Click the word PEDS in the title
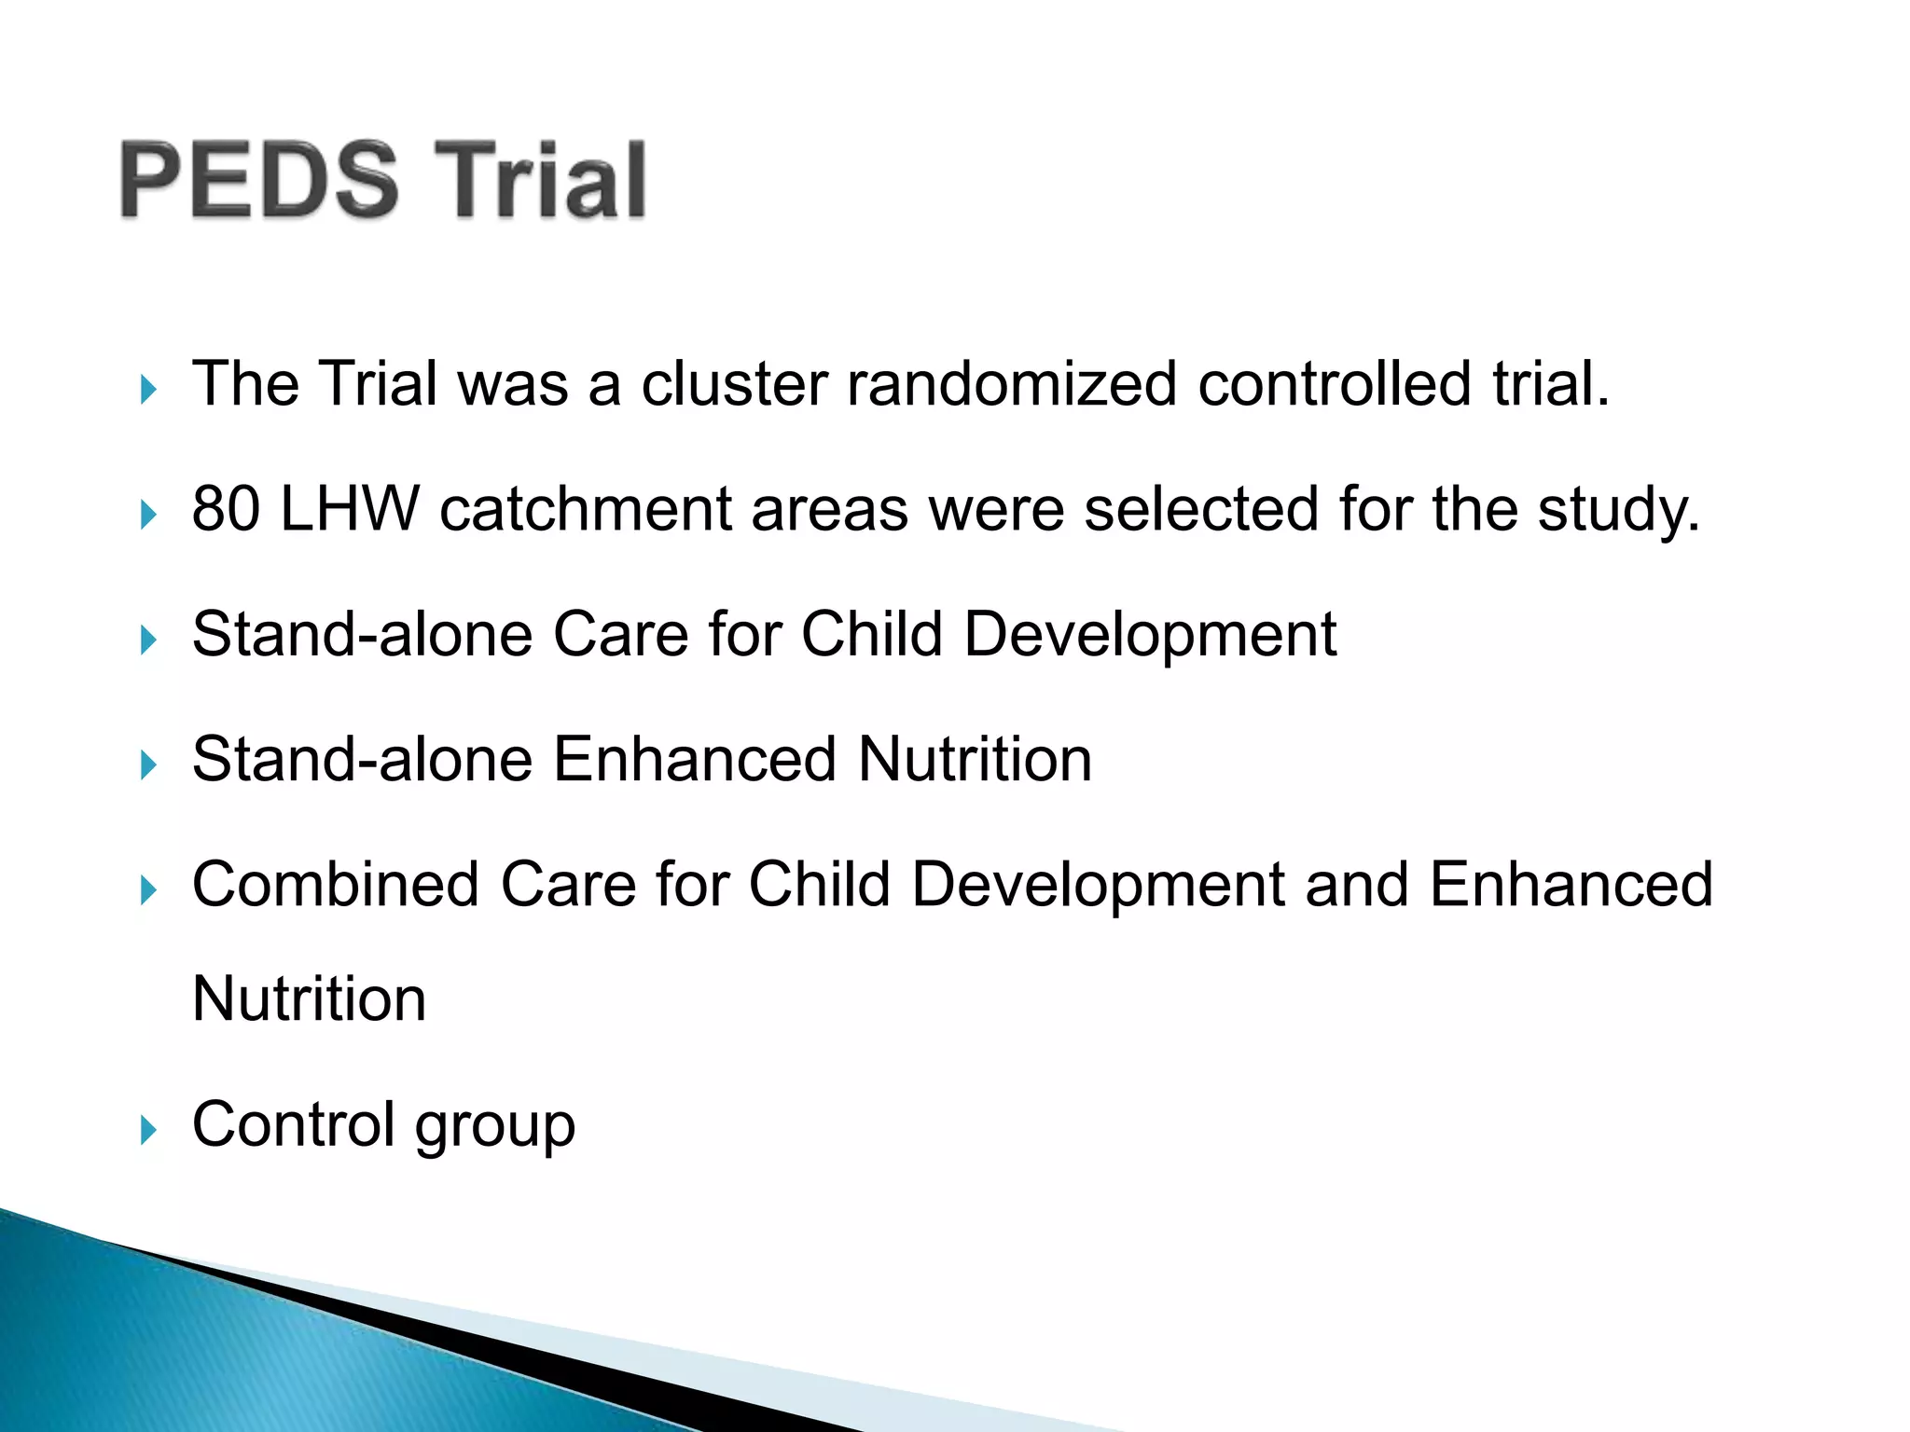tap(259, 180)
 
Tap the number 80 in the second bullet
tap(226, 509)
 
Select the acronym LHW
tap(350, 509)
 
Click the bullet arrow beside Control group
tap(148, 1131)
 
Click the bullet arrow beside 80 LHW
tap(148, 515)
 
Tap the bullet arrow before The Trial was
tap(148, 390)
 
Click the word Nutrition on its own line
tap(309, 999)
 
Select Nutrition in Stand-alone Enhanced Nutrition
tap(975, 759)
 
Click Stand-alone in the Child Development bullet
tap(362, 634)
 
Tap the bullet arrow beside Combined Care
tap(148, 890)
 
